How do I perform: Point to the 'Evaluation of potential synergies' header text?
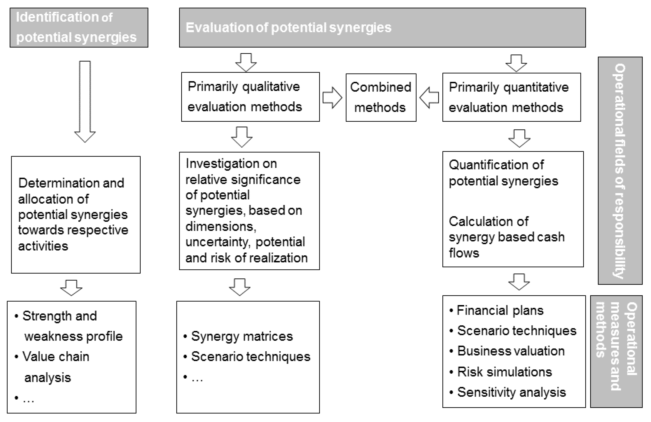pos(289,28)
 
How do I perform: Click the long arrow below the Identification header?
pos(85,102)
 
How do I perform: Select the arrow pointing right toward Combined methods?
pos(332,98)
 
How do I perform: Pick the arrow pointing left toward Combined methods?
pos(429,98)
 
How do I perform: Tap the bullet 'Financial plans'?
pos(496,310)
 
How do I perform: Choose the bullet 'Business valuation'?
pos(507,351)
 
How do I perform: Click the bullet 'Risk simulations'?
pos(500,372)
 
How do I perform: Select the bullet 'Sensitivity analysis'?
pos(507,392)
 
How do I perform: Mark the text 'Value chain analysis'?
pos(52,367)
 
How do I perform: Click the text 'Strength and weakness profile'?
pos(68,326)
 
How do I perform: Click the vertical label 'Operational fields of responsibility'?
pos(620,171)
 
